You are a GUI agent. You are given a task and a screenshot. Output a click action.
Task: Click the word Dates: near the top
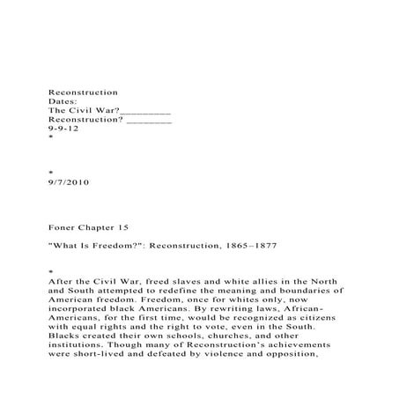[x=64, y=101]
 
